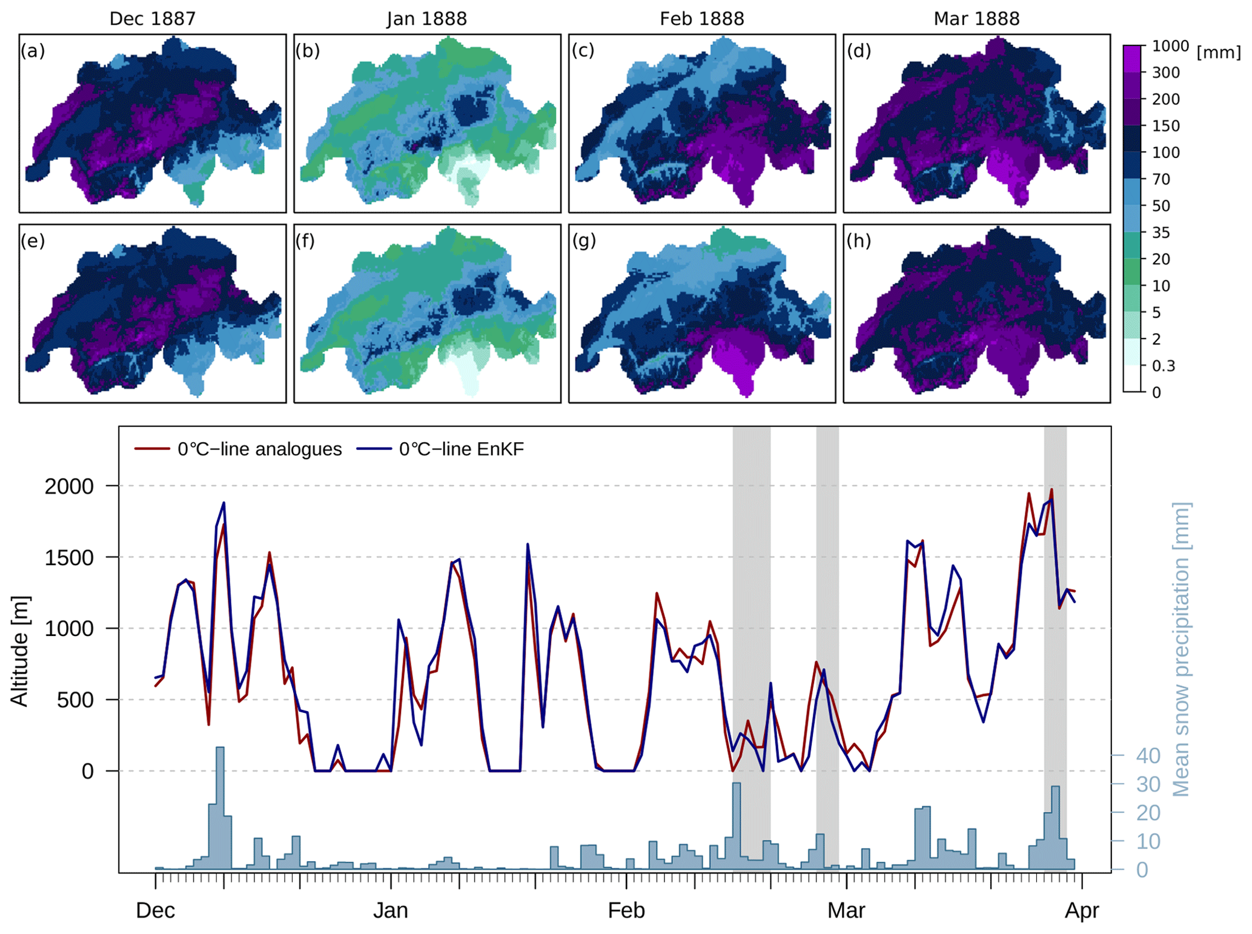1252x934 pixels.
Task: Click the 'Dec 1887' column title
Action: pos(152,19)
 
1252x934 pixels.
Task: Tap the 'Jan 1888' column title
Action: pos(426,19)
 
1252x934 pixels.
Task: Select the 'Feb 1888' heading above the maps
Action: pos(701,19)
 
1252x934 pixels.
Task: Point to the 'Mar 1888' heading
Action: pos(976,19)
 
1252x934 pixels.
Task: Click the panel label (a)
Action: pos(33,51)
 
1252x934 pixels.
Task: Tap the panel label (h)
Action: pos(858,241)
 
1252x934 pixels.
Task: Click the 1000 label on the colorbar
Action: pos(1170,46)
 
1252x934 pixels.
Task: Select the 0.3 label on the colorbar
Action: pos(1163,366)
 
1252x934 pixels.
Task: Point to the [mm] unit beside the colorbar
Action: pos(1218,53)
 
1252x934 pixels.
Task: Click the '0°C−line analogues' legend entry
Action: pos(259,449)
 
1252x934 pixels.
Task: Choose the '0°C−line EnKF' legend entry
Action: pos(461,449)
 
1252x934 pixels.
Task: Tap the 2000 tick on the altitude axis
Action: pos(69,486)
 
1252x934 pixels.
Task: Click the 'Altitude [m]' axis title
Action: pos(19,651)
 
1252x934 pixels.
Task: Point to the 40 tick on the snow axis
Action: pos(1147,756)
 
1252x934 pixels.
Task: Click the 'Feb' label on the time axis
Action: pos(626,910)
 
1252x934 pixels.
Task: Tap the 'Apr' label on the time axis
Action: pos(1082,910)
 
